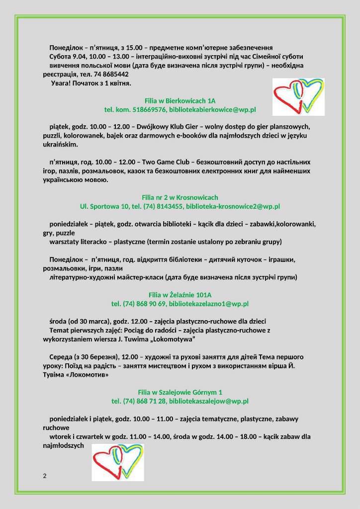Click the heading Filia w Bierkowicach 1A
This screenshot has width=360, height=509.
pos(180,100)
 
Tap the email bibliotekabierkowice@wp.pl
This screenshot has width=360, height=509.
pos(212,109)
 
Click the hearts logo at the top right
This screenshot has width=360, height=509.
pos(298,97)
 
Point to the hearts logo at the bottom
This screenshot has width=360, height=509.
pos(117,462)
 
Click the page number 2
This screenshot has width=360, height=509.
pos(45,476)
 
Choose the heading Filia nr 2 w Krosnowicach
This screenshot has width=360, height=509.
pos(180,197)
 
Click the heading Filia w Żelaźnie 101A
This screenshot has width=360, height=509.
pos(180,295)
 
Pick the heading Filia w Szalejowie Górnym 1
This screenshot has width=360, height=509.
pos(180,392)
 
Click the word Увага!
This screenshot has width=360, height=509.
pos(62,83)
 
